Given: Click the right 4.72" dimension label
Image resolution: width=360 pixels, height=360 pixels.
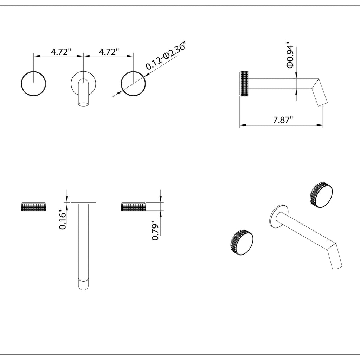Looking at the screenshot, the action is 109,52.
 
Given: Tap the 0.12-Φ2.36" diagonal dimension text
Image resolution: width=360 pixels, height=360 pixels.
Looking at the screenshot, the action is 165,55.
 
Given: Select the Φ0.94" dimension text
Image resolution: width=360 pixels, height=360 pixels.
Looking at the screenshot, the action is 290,55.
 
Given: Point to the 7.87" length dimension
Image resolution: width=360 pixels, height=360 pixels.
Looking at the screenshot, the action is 283,120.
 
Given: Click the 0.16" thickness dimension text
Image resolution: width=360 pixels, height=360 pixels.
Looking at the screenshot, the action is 63,219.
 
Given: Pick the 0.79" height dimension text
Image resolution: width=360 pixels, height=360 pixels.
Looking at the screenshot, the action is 155,231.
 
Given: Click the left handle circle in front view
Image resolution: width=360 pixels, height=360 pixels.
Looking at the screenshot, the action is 33,71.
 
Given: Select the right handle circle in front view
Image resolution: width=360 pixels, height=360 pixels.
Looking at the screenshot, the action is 133,71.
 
